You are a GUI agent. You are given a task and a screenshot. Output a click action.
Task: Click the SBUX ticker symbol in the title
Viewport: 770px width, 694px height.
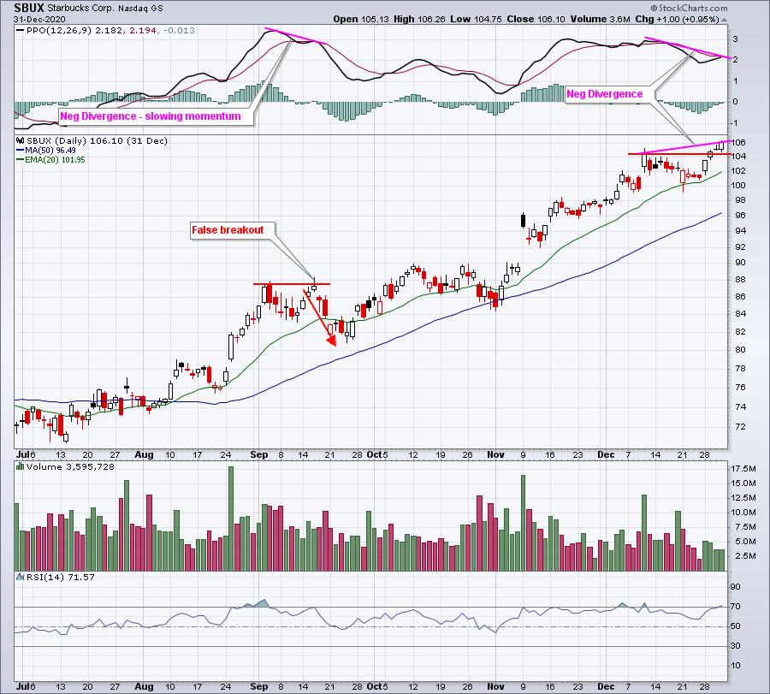tap(30, 7)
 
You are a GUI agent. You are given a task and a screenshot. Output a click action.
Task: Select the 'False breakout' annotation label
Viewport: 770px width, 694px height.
tap(228, 229)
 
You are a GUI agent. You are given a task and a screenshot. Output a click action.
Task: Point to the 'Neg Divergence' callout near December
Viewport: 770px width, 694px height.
tap(605, 94)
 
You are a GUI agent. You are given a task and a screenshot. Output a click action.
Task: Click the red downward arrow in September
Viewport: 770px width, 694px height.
tap(319, 318)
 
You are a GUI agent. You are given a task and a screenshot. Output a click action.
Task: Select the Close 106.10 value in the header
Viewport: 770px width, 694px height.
tap(523, 18)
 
